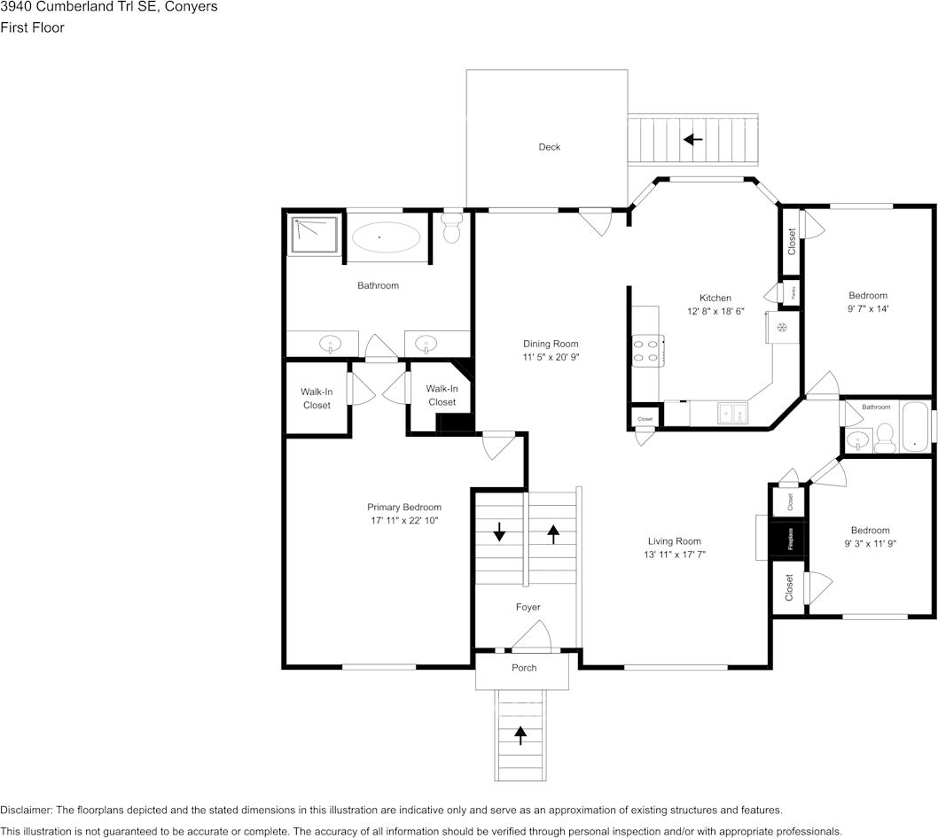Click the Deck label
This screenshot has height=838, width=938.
550,147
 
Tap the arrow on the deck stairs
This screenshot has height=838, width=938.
692,139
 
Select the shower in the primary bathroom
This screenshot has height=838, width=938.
314,235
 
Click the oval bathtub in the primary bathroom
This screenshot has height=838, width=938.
387,237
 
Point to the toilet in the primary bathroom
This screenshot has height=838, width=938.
452,229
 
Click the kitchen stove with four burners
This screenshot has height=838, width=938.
646,351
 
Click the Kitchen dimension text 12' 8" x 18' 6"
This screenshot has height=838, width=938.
715,312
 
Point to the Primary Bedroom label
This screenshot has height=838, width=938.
404,508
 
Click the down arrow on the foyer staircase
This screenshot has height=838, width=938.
499,532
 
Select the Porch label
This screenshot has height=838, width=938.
524,668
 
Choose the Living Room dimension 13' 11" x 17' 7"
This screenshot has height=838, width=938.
674,555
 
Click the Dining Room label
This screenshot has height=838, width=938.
550,344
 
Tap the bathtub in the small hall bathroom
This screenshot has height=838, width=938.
914,428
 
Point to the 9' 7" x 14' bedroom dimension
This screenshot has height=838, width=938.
867,309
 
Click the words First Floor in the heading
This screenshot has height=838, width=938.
32,27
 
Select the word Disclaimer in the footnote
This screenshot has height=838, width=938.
25,810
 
